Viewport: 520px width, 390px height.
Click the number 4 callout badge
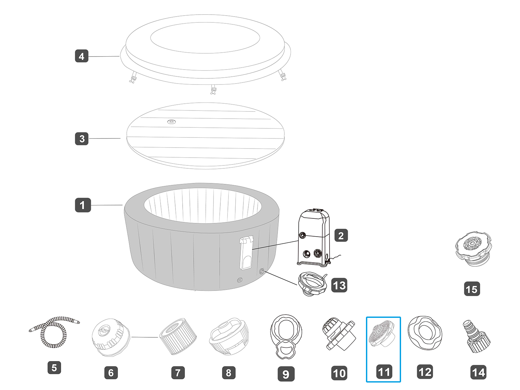coord(82,56)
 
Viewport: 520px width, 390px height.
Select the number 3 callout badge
coord(82,139)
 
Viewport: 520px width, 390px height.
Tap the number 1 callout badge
coord(83,205)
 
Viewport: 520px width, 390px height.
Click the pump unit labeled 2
coord(314,238)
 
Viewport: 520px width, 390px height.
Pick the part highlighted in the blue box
coord(383,335)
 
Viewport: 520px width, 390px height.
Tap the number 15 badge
coord(472,289)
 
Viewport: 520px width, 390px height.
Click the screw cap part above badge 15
coord(473,248)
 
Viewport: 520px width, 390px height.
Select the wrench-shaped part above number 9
coord(286,336)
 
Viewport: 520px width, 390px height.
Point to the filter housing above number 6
coord(110,337)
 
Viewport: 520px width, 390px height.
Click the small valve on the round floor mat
coord(172,122)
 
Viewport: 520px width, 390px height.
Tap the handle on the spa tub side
coord(246,253)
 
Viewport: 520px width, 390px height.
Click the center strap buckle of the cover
coord(214,90)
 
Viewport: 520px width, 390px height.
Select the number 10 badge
coord(339,373)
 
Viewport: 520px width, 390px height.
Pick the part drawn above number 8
coord(229,336)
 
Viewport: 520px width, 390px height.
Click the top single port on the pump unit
coord(303,235)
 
